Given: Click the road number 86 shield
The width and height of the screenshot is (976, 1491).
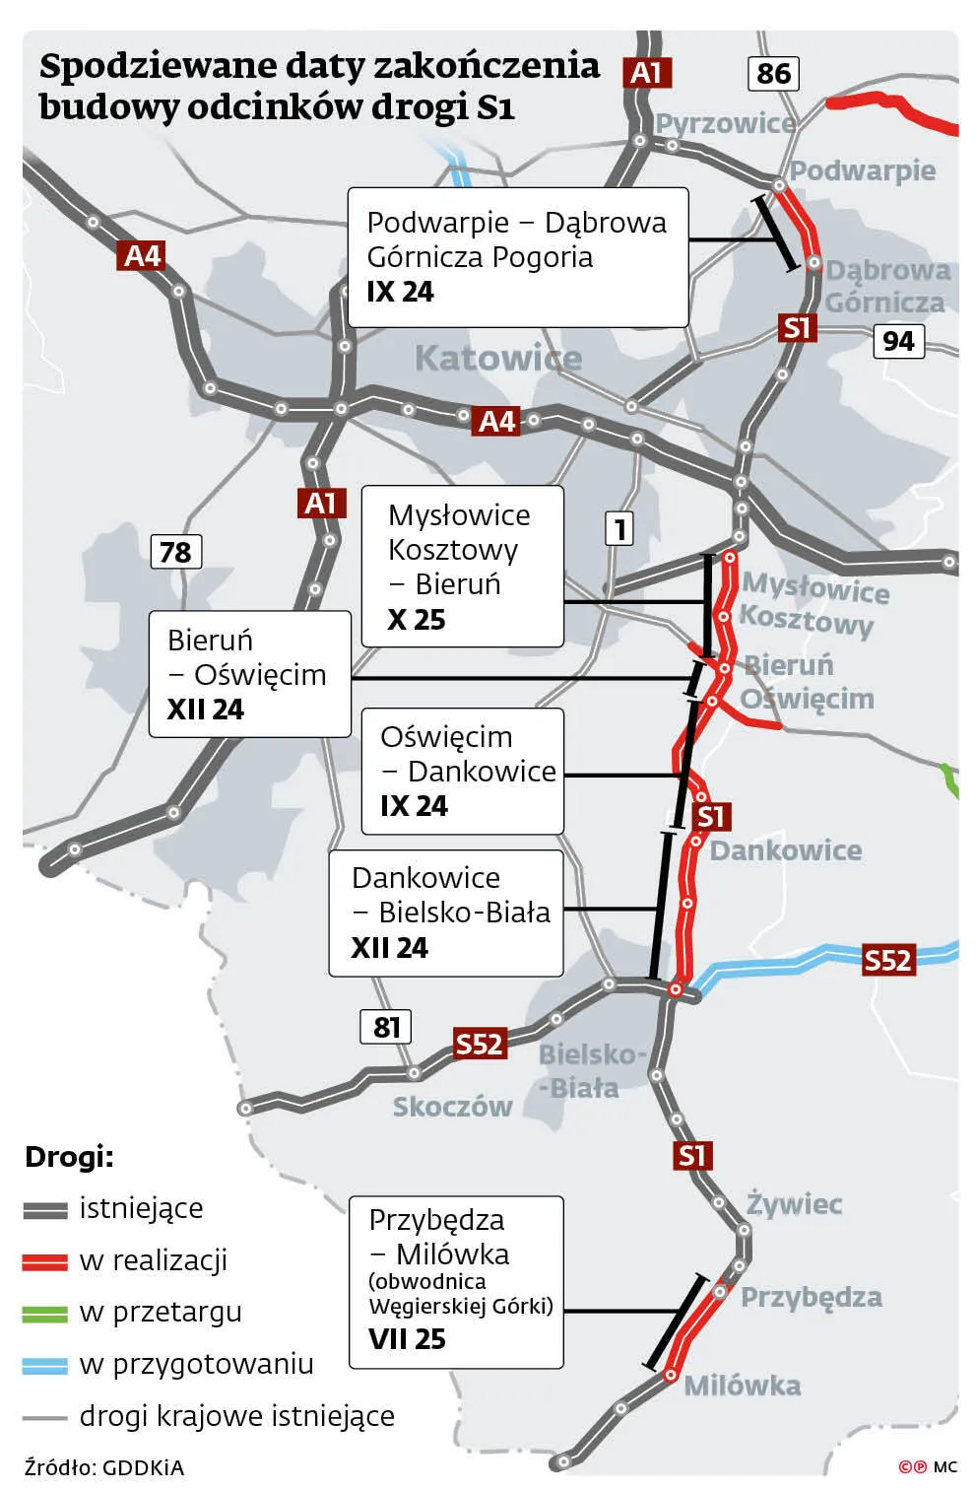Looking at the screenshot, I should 773,73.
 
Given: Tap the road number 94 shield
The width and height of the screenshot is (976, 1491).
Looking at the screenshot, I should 898,341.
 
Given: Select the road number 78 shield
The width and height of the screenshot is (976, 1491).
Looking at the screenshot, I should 175,551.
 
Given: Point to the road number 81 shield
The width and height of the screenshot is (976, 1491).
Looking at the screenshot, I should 385,1027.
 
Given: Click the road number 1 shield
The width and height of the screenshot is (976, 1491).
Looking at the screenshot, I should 619,529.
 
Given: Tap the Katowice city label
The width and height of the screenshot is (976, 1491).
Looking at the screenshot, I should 497,358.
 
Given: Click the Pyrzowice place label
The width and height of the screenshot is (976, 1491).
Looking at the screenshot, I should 726,123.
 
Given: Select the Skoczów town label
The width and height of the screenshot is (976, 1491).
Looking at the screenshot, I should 452,1107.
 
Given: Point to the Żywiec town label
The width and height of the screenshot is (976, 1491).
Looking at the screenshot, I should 794,1203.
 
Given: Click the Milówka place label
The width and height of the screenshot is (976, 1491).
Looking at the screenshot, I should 742,1386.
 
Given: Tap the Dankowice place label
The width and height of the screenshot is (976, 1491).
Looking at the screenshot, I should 785,850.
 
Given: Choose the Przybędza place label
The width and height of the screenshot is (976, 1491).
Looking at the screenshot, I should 811,1297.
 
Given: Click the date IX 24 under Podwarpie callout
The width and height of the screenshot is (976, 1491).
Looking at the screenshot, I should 400,292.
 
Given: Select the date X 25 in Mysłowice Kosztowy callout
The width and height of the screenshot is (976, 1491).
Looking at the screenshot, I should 416,620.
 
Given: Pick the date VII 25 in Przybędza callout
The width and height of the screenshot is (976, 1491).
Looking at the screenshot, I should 407,1339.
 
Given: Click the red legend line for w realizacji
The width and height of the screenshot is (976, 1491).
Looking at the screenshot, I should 45,1260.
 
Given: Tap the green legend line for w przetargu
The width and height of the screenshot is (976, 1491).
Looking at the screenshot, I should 45,1313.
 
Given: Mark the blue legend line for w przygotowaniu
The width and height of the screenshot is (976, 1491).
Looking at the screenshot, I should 45,1365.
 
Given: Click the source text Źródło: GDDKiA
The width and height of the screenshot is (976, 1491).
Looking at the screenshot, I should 104,1467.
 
